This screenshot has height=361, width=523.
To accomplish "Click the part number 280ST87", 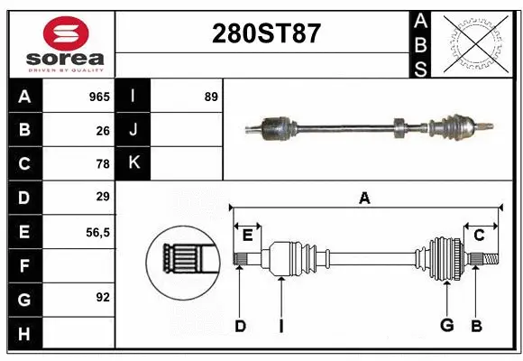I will (265, 34).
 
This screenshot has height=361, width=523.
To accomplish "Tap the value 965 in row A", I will (99, 97).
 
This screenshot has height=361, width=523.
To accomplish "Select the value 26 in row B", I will (103, 130).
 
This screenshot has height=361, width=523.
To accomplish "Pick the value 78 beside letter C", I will (103, 163).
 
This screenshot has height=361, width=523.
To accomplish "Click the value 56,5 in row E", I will (96, 231).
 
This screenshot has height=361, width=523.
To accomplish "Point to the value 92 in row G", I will (103, 297).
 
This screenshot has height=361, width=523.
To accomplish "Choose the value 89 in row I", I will (211, 97).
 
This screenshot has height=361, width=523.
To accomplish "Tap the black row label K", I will (133, 163).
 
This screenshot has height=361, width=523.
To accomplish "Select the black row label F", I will (24, 264).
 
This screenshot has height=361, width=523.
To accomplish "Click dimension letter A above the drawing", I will (364, 198).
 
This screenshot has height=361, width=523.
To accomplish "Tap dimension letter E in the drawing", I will (247, 236).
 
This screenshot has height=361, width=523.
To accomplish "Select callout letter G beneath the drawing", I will (445, 326).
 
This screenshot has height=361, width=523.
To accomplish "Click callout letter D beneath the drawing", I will (240, 326).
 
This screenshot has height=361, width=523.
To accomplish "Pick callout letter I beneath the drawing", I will (281, 326).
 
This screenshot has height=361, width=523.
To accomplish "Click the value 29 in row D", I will (103, 197).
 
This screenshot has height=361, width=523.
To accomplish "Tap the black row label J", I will (133, 130).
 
